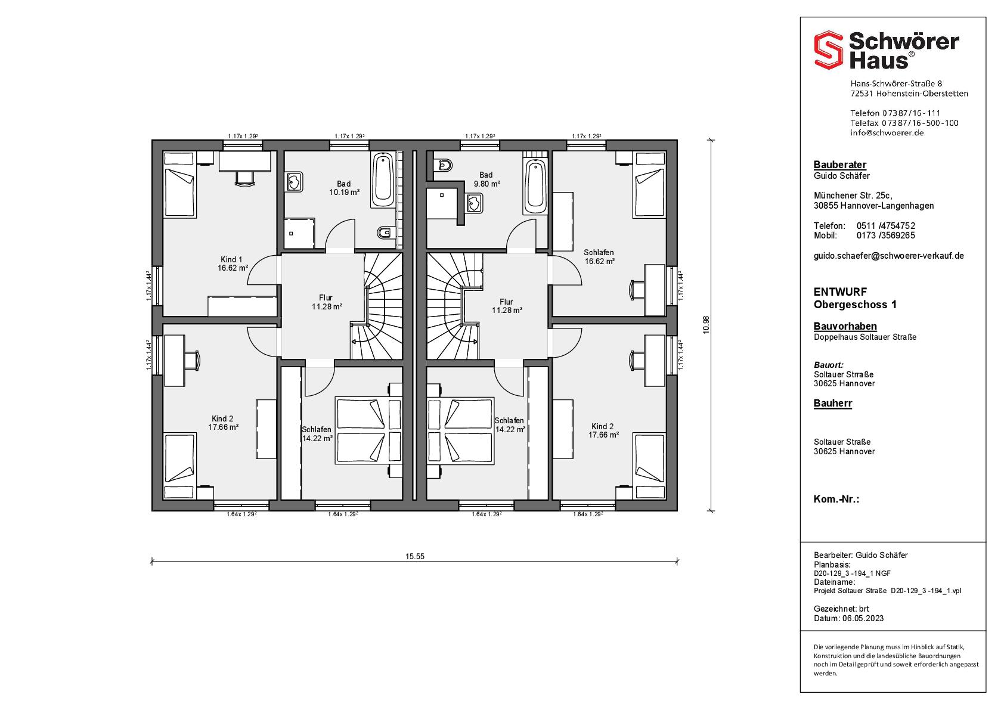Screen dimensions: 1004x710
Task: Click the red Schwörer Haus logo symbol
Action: click(x=828, y=49)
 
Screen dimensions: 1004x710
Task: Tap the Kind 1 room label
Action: click(x=231, y=259)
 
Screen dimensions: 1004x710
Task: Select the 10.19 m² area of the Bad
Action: click(x=344, y=193)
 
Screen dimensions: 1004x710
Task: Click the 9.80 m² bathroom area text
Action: click(x=486, y=184)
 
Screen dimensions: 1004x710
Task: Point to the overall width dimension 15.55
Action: click(x=414, y=556)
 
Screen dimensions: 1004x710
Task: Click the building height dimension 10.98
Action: click(x=706, y=325)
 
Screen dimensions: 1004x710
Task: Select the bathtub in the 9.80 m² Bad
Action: click(x=535, y=187)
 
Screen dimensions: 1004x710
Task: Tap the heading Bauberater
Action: click(x=840, y=165)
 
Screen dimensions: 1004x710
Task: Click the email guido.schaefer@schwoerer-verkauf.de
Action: click(x=889, y=256)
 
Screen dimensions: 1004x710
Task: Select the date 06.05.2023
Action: click(x=863, y=619)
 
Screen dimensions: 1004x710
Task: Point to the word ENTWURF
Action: click(x=841, y=292)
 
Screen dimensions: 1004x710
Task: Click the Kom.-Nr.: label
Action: click(x=836, y=500)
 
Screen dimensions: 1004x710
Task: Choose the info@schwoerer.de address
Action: click(x=887, y=133)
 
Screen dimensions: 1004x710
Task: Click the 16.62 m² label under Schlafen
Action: click(x=599, y=261)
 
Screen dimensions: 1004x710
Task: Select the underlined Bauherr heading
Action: click(x=833, y=403)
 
